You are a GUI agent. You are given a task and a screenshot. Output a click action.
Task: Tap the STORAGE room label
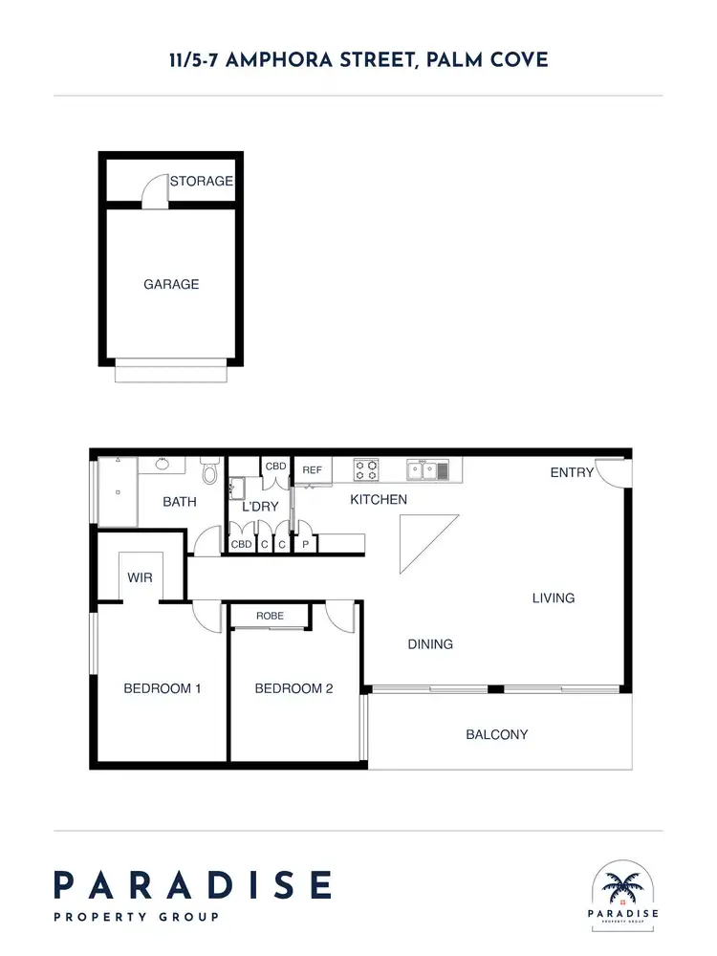(202, 181)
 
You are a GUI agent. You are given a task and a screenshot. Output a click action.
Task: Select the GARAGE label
(171, 284)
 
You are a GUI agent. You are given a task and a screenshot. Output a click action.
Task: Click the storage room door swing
(154, 194)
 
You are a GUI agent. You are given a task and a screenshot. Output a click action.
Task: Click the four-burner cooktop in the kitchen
(366, 469)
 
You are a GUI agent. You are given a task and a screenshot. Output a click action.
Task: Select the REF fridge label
(312, 470)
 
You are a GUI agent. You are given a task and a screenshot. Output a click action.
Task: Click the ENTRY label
(571, 472)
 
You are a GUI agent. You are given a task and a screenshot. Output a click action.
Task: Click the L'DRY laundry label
(259, 506)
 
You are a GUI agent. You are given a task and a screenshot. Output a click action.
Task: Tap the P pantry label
(306, 545)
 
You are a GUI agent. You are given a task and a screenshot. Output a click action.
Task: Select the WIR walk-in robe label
(140, 578)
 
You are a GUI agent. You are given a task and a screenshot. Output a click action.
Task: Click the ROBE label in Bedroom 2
(270, 617)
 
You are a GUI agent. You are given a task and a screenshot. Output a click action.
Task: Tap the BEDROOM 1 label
(162, 688)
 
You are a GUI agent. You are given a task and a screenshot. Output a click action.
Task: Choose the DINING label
(430, 644)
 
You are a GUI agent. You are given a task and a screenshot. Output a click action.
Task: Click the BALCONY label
(497, 734)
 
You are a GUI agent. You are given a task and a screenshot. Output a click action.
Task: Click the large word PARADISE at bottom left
(192, 884)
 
